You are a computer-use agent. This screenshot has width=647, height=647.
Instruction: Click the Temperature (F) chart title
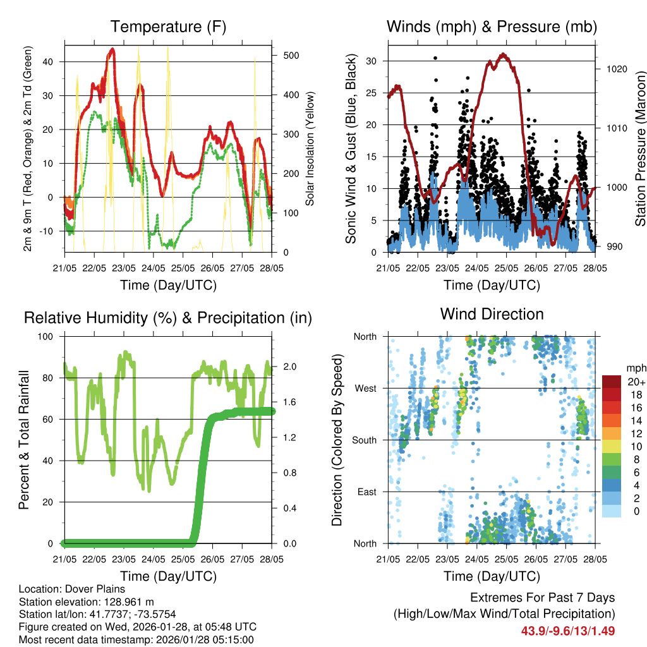point(168,27)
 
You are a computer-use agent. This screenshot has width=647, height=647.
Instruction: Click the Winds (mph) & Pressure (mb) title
point(492,27)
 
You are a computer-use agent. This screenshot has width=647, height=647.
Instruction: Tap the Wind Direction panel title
point(492,313)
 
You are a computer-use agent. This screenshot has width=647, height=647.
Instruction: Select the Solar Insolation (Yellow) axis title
point(310,148)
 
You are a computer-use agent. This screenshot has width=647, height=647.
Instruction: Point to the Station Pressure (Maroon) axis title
point(640,148)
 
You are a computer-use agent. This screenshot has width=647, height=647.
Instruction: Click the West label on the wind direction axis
point(365,388)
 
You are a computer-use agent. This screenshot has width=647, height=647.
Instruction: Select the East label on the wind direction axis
point(366,492)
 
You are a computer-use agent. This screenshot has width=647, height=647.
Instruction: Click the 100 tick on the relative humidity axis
point(48,336)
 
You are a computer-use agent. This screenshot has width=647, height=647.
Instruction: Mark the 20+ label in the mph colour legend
point(634,382)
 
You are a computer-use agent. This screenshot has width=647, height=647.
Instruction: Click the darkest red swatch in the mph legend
point(612,381)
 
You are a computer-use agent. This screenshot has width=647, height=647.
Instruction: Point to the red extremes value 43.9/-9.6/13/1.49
point(567,631)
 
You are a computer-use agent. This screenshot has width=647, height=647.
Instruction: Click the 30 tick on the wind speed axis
point(372,61)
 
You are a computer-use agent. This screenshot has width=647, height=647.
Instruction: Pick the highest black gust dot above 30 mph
point(435,58)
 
